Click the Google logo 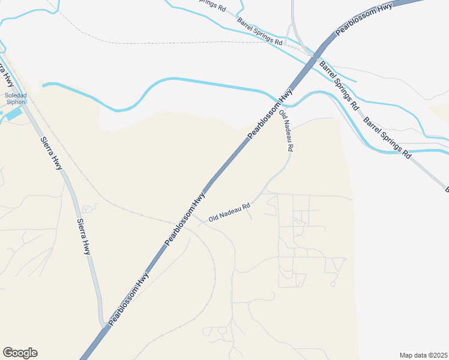[20, 353]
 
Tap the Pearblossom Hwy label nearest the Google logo [128, 298]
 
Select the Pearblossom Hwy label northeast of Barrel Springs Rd [364, 18]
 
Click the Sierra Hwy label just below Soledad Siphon [51, 153]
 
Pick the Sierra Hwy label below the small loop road [83, 236]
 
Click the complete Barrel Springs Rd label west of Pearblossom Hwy [259, 31]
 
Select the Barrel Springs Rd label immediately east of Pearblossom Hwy [339, 85]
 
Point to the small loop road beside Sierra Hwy [89, 208]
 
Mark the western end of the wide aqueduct [44, 85]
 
